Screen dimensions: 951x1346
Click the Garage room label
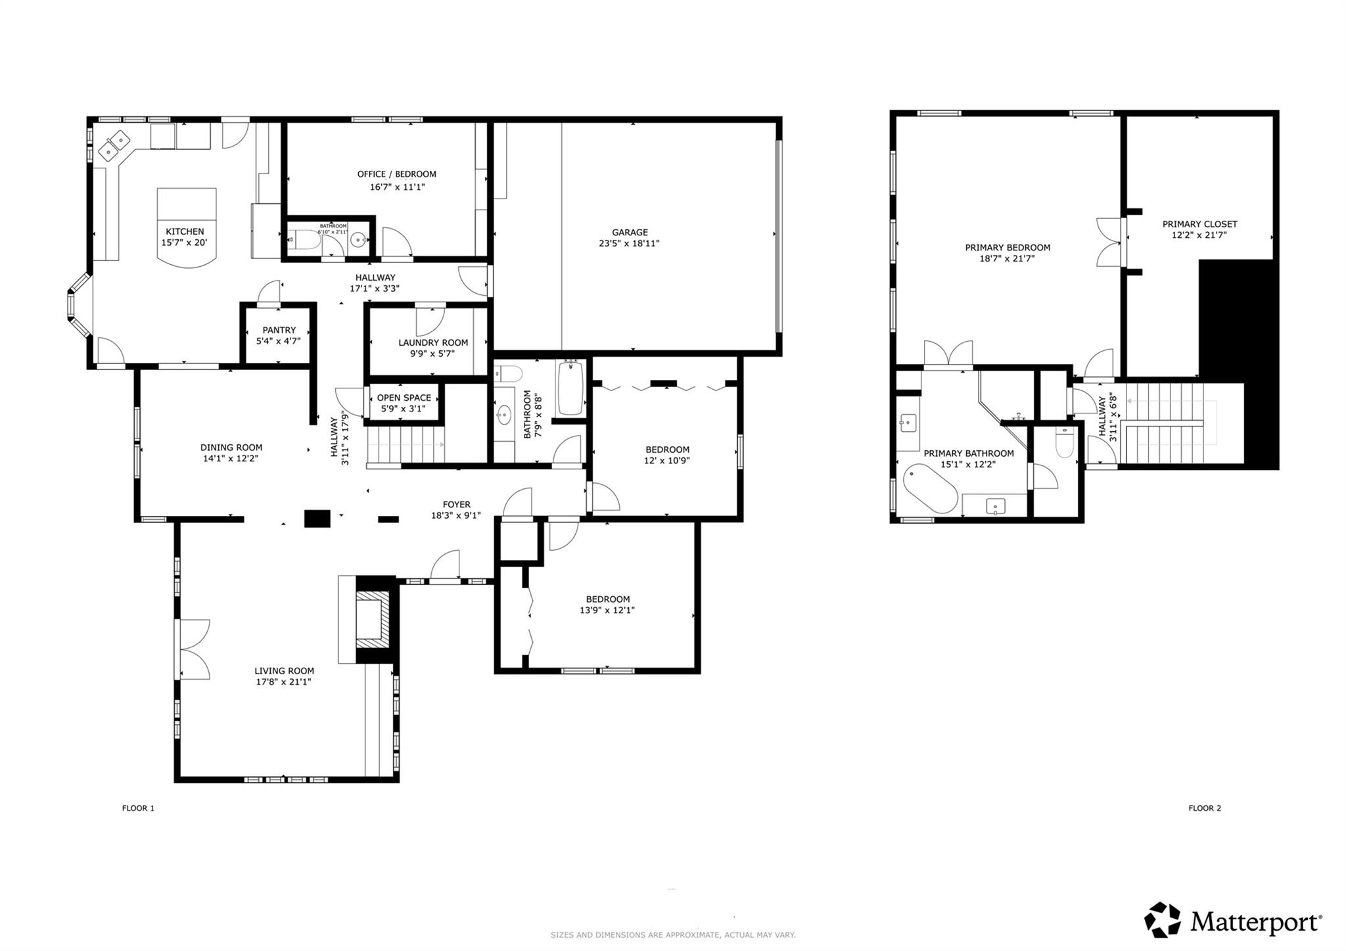click(x=630, y=232)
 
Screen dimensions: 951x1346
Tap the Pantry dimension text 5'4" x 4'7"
click(x=278, y=341)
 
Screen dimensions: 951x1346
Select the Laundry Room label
click(x=432, y=342)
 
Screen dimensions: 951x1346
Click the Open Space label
click(x=404, y=398)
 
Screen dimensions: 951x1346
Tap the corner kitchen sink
click(x=114, y=145)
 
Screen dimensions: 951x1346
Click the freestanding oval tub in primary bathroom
click(x=930, y=488)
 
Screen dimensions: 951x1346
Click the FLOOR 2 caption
click(x=1204, y=808)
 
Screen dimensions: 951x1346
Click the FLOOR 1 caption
click(x=138, y=808)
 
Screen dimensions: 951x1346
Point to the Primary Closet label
click(x=1199, y=224)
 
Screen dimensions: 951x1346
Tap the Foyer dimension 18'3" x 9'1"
click(x=455, y=516)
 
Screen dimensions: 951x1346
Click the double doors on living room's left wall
click(x=193, y=649)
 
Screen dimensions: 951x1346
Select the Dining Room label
click(x=231, y=448)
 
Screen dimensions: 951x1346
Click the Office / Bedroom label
click(x=396, y=174)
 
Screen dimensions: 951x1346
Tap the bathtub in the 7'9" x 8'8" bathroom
click(x=570, y=389)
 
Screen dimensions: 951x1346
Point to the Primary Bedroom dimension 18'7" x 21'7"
click(x=1007, y=259)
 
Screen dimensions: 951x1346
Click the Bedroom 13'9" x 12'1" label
click(x=607, y=599)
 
